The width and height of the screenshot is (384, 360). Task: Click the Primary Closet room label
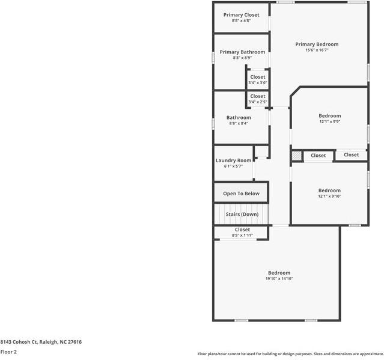tap(241, 14)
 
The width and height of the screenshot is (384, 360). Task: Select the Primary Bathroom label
tap(242, 52)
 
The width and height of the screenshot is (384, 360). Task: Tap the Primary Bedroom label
tap(317, 44)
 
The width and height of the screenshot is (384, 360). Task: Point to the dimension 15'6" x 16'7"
tap(317, 50)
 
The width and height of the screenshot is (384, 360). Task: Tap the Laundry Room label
tap(233, 160)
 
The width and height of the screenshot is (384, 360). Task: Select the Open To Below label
tap(241, 194)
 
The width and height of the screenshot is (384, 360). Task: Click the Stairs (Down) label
tap(242, 214)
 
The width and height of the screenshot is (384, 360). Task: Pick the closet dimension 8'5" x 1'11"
tap(242, 236)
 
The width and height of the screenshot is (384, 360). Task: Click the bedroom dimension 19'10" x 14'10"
tap(279, 278)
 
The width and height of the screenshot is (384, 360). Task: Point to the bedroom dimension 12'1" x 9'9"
tap(329, 122)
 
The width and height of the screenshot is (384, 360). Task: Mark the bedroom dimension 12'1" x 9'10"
tap(329, 197)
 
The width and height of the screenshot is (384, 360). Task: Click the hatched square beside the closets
tap(296, 156)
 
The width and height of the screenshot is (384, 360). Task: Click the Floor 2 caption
tap(8, 352)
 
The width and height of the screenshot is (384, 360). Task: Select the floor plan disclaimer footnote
tap(290, 354)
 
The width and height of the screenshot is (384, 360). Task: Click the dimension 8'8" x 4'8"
tap(241, 21)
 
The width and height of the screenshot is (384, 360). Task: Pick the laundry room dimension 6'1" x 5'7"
tap(233, 166)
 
